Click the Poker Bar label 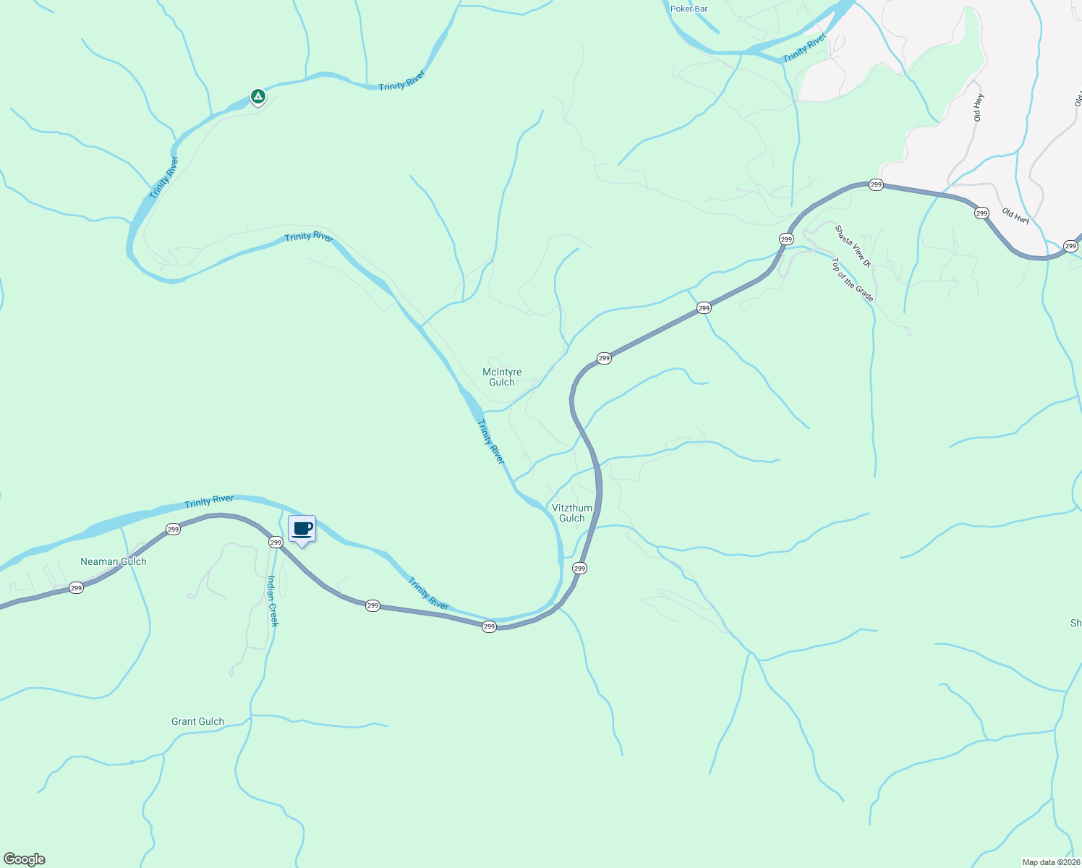click(x=689, y=9)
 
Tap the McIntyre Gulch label click(x=502, y=378)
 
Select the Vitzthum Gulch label click(x=572, y=513)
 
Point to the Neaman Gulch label click(x=114, y=561)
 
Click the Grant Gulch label click(x=197, y=721)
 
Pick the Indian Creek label click(x=273, y=601)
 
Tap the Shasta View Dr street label click(x=853, y=246)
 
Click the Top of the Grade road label click(x=852, y=280)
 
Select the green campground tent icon click(x=257, y=96)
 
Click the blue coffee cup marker click(x=302, y=529)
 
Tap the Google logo click(x=24, y=859)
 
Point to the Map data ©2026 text click(x=1050, y=862)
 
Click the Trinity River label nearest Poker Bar click(x=804, y=48)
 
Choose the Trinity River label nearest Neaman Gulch click(x=209, y=501)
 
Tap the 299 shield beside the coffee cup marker click(x=276, y=542)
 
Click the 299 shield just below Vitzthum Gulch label click(x=579, y=569)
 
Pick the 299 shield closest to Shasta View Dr click(x=786, y=239)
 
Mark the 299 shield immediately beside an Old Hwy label click(x=981, y=213)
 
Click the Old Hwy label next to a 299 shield click(x=1015, y=215)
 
